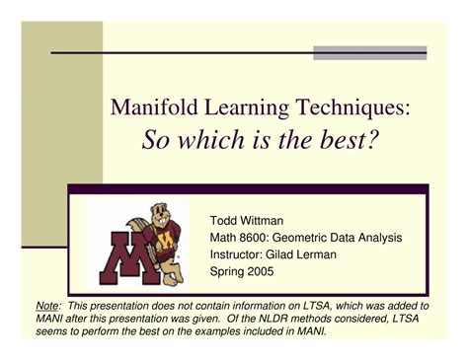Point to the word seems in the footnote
[x=54, y=334]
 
